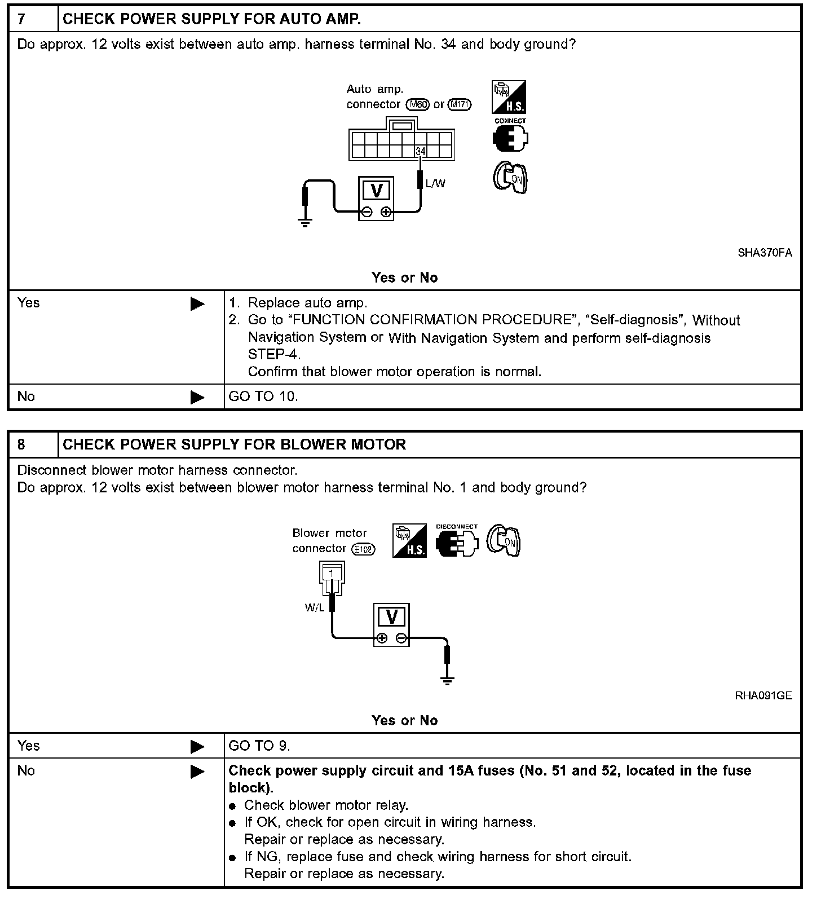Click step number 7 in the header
tap(21, 19)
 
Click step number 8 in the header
tap(21, 444)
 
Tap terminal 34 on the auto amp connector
tap(420, 151)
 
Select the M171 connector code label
tap(459, 104)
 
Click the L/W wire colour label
tap(435, 183)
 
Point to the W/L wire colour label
tap(314, 608)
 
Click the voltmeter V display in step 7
tap(377, 191)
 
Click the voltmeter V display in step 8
tap(391, 617)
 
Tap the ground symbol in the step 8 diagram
tap(448, 681)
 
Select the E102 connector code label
tap(363, 549)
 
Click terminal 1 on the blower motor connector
tap(332, 574)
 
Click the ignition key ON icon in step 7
tap(510, 178)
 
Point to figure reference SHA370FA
tap(765, 253)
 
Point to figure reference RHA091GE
tap(763, 695)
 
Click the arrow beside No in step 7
tap(197, 397)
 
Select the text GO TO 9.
tap(259, 746)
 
